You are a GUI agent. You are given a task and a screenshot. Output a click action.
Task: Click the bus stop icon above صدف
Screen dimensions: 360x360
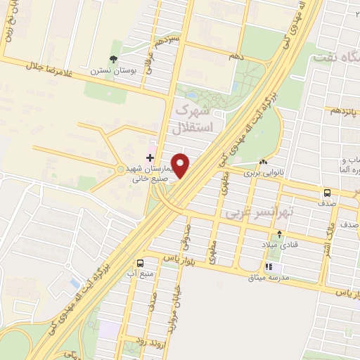[x=327, y=193]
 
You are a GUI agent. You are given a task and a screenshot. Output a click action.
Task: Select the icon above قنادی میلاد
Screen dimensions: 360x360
[x=280, y=234]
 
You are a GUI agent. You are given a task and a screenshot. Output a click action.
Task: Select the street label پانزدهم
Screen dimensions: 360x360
[x=345, y=110]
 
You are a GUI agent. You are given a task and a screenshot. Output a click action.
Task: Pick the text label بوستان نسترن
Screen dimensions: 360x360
[x=106, y=71]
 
